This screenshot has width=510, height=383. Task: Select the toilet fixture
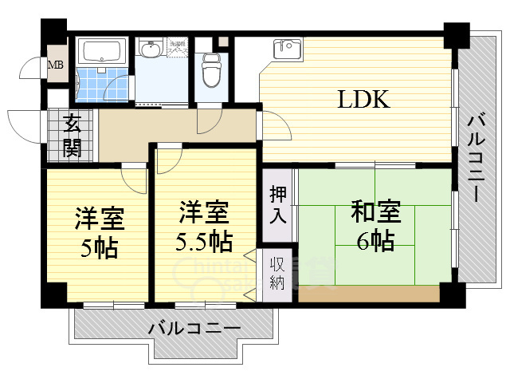(x=210, y=70)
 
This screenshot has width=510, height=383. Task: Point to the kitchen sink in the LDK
(x=287, y=49)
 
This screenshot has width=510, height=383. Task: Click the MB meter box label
(x=57, y=65)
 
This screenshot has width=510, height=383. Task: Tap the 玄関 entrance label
(x=73, y=136)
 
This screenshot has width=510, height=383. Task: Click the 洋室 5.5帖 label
(x=203, y=226)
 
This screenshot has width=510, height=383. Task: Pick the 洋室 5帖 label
(x=99, y=231)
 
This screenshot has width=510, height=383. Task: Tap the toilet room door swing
(x=209, y=120)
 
